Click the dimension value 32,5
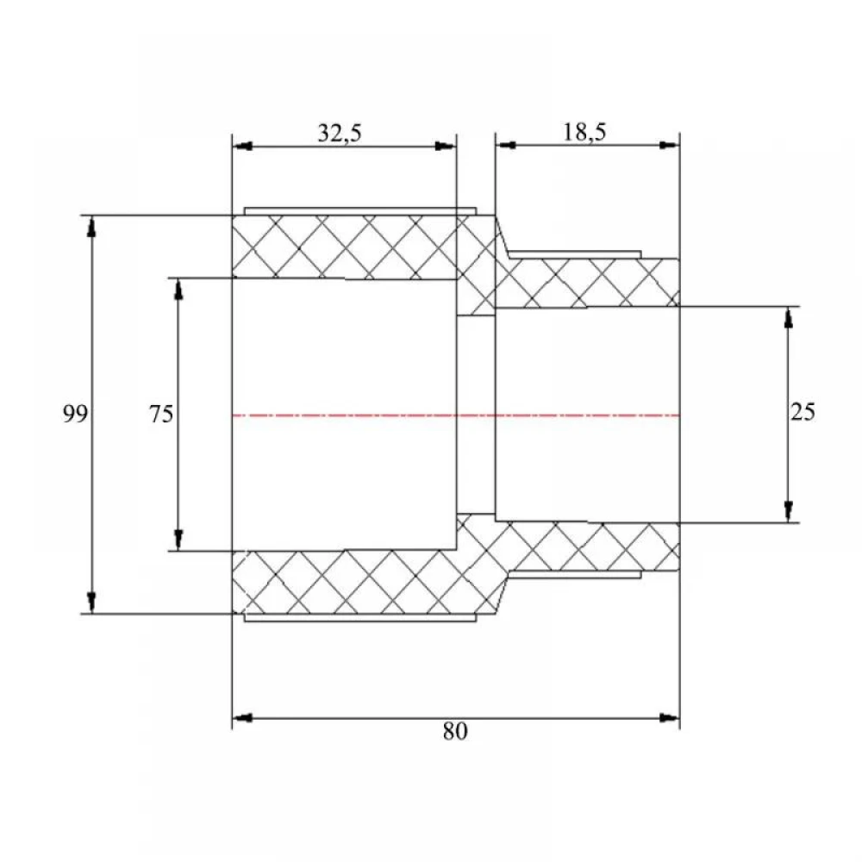point(340,133)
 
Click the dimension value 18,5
point(584,132)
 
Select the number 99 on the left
point(75,414)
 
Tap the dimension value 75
point(161,414)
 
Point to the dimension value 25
point(803,412)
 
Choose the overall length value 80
point(455,731)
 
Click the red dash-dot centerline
point(456,415)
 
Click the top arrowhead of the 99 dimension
point(92,226)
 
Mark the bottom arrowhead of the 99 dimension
point(92,603)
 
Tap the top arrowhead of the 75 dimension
point(178,289)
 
